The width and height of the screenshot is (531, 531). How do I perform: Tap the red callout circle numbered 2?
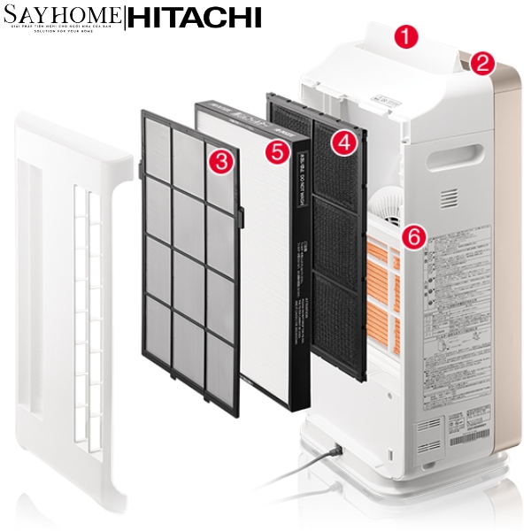[x=481, y=63]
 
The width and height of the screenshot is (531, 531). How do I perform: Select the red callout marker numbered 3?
[x=221, y=160]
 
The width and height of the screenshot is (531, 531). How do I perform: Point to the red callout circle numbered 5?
[x=278, y=151]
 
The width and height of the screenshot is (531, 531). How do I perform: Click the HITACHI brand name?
[x=196, y=19]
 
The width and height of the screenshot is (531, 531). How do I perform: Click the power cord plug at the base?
[x=335, y=451]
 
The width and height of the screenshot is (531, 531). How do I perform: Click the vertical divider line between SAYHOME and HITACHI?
[x=125, y=19]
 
